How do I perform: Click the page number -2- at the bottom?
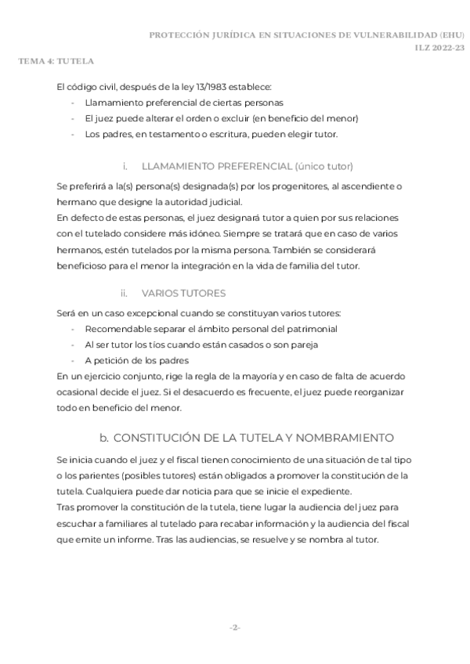click(x=234, y=628)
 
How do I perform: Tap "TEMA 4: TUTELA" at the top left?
click(x=56, y=60)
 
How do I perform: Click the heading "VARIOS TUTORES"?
click(x=183, y=293)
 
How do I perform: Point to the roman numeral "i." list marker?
click(x=125, y=166)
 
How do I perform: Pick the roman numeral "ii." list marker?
click(x=124, y=293)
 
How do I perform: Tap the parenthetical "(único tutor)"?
click(x=324, y=166)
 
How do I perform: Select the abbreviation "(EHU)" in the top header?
click(x=452, y=35)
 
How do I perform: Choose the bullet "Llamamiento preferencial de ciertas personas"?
click(x=183, y=103)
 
